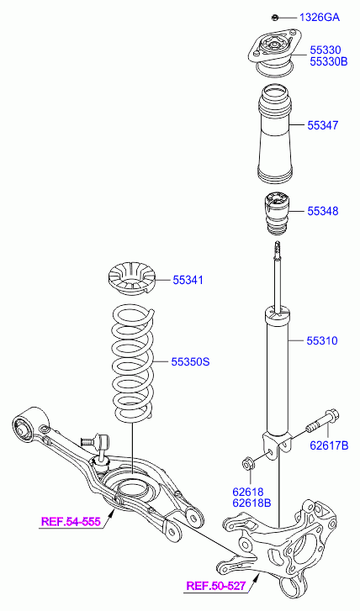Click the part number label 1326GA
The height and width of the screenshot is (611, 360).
tap(320, 17)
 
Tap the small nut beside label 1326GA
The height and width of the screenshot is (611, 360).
tap(274, 17)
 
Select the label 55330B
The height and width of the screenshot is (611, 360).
tap(329, 61)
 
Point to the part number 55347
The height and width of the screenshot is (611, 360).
tap(323, 125)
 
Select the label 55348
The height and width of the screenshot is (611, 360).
tap(323, 211)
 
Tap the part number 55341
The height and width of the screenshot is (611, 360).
tap(188, 280)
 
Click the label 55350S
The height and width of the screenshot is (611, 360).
tap(191, 361)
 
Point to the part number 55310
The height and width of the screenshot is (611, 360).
tap(322, 340)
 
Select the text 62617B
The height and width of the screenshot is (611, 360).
tap(329, 445)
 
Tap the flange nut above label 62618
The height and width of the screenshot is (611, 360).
tap(248, 464)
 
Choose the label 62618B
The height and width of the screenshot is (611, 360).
tap(251, 503)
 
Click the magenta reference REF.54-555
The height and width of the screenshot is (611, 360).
tap(71, 521)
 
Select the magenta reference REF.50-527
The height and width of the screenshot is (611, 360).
tap(216, 585)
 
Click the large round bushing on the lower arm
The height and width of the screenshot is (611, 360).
tap(23, 429)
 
